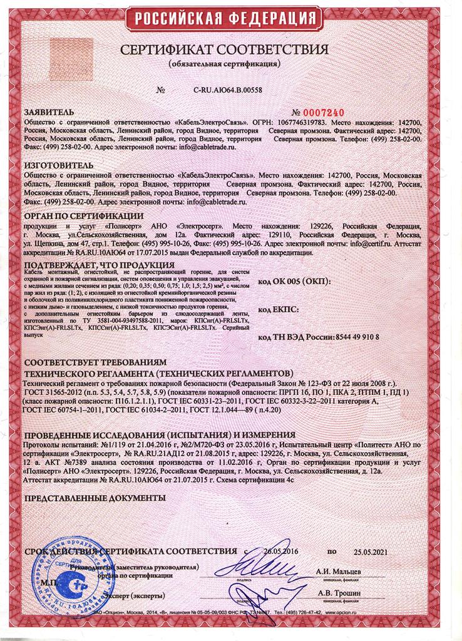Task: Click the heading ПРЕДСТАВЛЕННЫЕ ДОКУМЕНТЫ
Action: coord(94,498)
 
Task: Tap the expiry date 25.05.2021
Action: coord(371,553)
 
